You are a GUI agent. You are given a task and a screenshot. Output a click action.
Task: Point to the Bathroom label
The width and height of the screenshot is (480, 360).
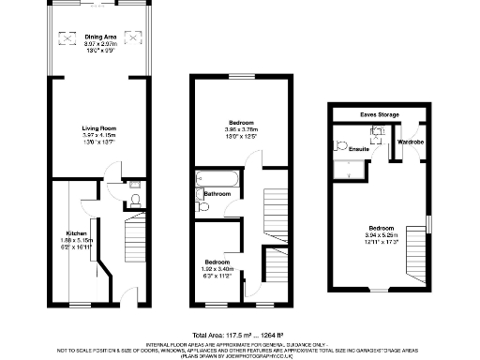(x=218, y=194)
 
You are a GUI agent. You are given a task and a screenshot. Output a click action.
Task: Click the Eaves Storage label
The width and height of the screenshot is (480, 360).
(x=379, y=114)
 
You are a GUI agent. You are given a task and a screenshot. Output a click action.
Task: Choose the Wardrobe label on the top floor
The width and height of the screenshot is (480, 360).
(x=412, y=142)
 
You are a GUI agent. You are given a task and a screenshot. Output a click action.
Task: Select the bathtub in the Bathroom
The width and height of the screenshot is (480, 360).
(x=217, y=178)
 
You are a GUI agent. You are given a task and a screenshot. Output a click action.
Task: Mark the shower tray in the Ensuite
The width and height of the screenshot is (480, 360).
(x=352, y=170)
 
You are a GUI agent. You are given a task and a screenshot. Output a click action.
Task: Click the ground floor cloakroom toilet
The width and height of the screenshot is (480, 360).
(x=135, y=200)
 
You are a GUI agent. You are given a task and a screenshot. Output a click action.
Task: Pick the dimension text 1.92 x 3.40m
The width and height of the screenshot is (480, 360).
(x=217, y=270)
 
